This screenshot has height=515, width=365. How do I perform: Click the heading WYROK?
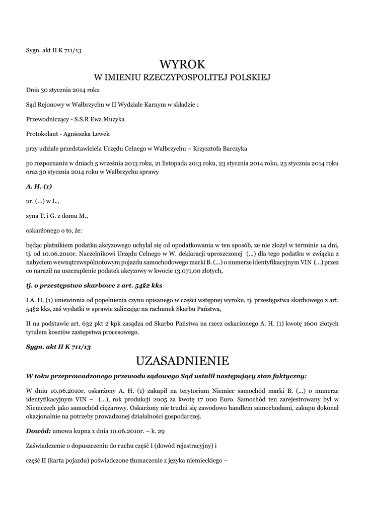point(182,64)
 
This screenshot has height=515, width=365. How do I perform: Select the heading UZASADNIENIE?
point(182,361)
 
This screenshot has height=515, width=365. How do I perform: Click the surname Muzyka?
point(114,120)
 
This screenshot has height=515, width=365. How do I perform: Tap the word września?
point(111,163)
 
